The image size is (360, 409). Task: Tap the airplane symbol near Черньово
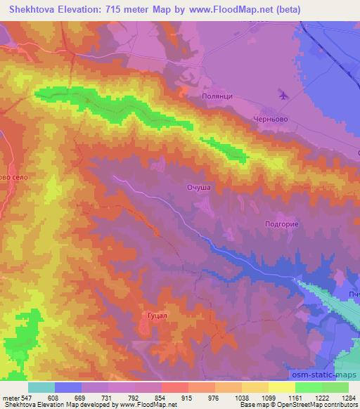pos(283,94)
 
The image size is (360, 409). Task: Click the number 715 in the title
pos(123,10)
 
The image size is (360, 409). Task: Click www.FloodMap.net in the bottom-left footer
pos(148,405)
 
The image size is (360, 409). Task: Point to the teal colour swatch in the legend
pos(41,387)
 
